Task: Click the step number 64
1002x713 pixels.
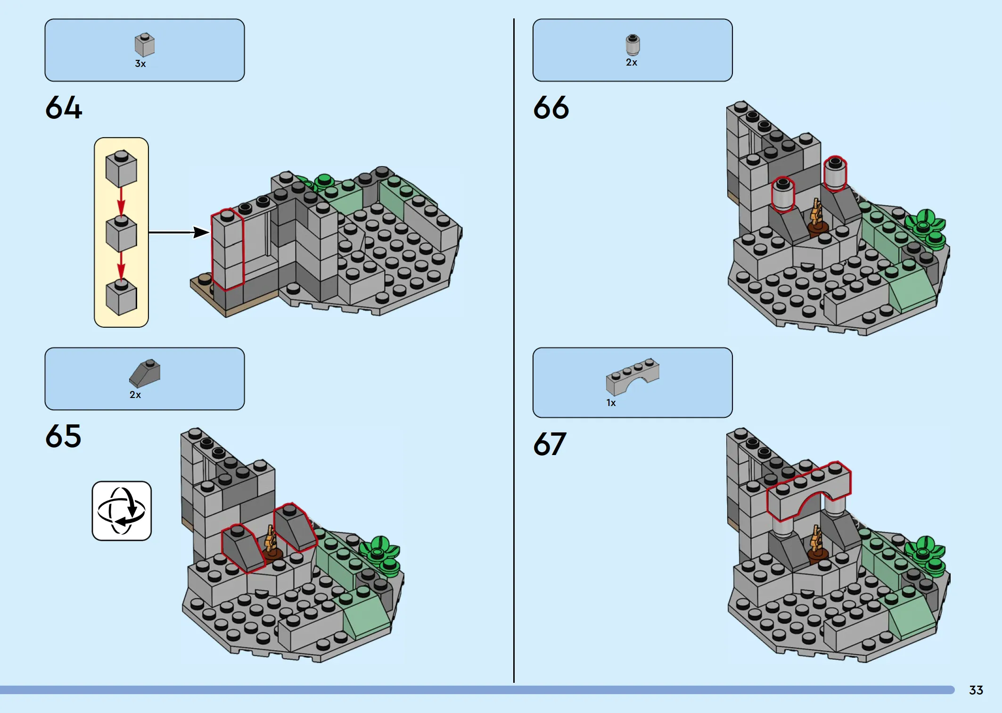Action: pos(64,108)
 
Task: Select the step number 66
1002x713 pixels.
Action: pos(551,108)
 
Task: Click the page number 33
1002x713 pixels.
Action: pos(976,690)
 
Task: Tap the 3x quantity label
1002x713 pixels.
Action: pos(140,64)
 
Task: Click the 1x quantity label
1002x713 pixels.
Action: pos(611,403)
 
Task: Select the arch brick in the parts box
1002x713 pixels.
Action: pos(632,376)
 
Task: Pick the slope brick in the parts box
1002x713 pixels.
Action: pos(145,373)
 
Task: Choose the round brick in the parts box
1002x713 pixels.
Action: pos(632,45)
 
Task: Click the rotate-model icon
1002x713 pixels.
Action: pos(122,511)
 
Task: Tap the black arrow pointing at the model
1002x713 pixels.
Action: pos(179,232)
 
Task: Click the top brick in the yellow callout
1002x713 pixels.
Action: pos(121,168)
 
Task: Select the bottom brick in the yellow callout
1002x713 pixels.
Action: pos(121,297)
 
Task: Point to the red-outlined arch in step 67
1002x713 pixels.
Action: pos(809,490)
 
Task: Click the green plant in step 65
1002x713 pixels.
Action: pos(380,555)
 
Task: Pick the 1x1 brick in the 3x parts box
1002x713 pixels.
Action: pos(145,45)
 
